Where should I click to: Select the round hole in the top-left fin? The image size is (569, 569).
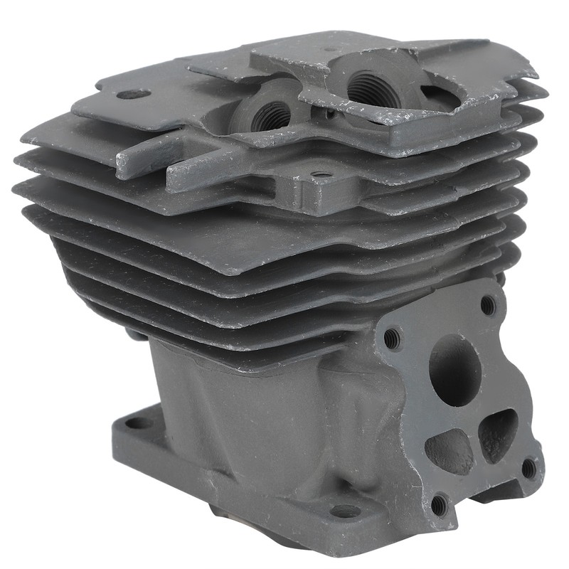tap(133, 94)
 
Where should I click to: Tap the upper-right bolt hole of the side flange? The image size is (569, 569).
tap(488, 305)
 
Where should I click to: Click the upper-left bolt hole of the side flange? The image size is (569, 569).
tap(392, 339)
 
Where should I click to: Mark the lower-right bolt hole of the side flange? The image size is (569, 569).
tap(529, 468)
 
